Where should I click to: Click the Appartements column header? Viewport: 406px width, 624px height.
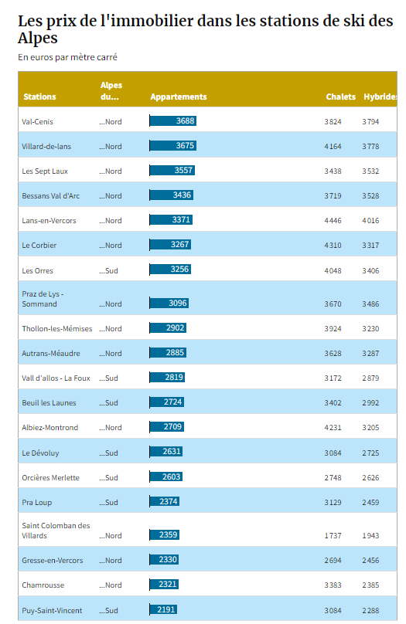click(x=179, y=97)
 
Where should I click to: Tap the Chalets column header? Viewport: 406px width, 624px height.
click(x=341, y=97)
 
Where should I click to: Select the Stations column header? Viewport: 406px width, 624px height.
click(x=39, y=97)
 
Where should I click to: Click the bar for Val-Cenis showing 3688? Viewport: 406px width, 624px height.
click(x=173, y=120)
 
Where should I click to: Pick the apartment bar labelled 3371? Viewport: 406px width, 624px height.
click(x=171, y=219)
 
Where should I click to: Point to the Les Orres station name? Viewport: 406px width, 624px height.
click(x=37, y=270)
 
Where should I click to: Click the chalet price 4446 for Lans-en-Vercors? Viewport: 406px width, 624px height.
click(x=333, y=220)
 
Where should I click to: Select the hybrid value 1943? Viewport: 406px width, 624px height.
click(x=370, y=536)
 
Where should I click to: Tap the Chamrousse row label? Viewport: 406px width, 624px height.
click(x=43, y=585)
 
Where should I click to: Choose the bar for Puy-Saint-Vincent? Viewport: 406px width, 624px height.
click(x=163, y=609)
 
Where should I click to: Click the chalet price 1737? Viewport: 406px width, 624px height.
click(x=333, y=536)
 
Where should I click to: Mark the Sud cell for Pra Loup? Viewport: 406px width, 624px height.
click(x=108, y=502)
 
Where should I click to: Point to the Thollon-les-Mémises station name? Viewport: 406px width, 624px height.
click(x=57, y=329)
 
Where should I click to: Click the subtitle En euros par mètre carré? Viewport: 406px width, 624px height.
click(x=68, y=57)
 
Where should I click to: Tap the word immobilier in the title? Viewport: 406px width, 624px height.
click(x=152, y=21)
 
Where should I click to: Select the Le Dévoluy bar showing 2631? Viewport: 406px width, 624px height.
click(x=166, y=451)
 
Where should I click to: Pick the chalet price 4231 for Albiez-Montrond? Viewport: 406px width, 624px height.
click(x=333, y=427)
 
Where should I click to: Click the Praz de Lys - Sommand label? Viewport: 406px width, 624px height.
click(x=43, y=299)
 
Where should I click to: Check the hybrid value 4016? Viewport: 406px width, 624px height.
click(x=370, y=220)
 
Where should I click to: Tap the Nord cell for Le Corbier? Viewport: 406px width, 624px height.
click(x=111, y=245)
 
